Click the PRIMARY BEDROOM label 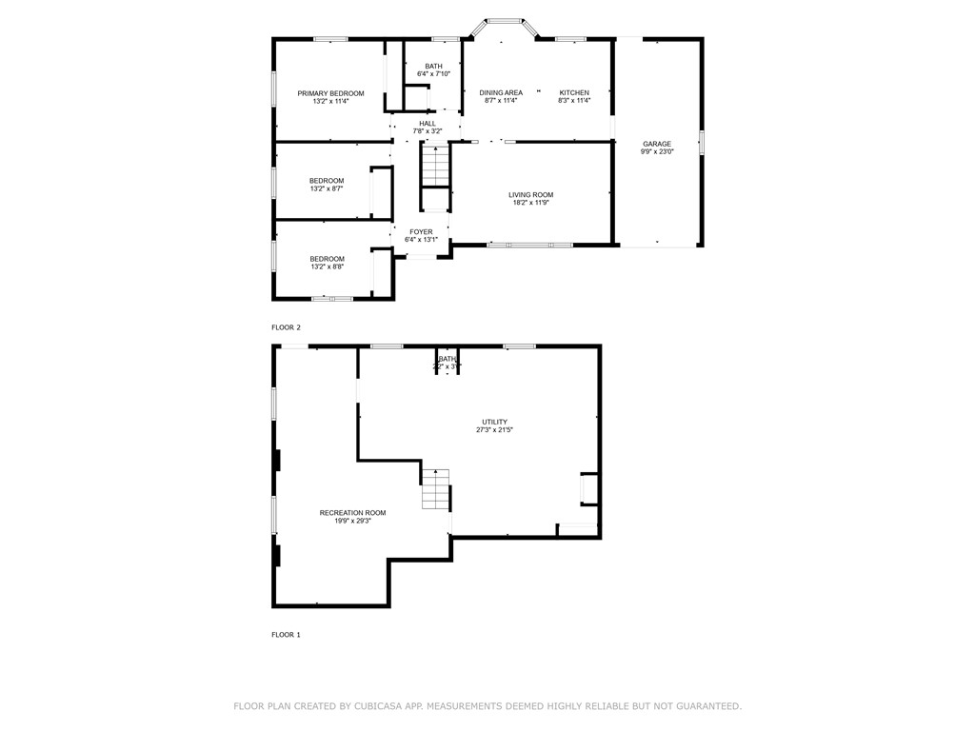[x=330, y=93]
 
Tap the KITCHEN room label [x=574, y=93]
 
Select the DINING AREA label [x=501, y=93]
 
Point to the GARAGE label [x=656, y=144]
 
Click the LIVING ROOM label [x=530, y=195]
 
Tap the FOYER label [x=421, y=232]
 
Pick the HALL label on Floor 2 [x=428, y=124]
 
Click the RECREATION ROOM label [x=352, y=513]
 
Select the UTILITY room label [x=494, y=422]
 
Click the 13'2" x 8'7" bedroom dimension [x=327, y=188]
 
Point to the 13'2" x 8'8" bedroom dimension [x=327, y=267]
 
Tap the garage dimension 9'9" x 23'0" [x=657, y=152]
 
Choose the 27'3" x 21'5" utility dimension [x=494, y=429]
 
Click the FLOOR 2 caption [x=286, y=327]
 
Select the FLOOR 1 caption [x=286, y=634]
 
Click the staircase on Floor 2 [x=435, y=166]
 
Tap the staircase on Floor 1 [x=435, y=489]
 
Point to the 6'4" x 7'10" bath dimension [x=433, y=73]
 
